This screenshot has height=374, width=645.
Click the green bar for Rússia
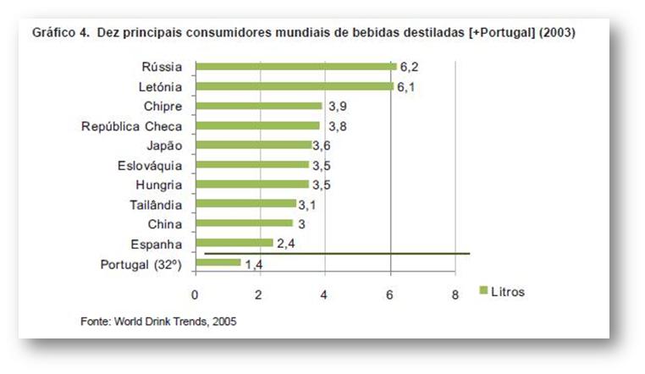295,66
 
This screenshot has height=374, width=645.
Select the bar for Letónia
294,85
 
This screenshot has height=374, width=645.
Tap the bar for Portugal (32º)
218,263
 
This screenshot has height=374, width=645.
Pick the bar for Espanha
234,243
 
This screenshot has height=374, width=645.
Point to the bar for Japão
253,145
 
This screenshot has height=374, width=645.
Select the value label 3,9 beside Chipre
336,106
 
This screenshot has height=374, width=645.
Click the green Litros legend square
484,291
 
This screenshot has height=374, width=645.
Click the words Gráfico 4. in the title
60,33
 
